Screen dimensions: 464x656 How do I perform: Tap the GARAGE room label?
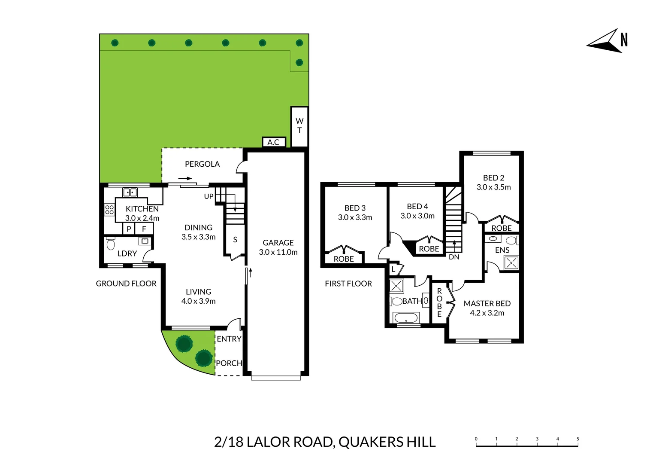pos(278,243)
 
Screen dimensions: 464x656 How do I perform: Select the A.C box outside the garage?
pos(273,142)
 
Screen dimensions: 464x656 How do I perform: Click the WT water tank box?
pos(299,126)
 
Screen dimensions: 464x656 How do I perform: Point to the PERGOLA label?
pos(202,164)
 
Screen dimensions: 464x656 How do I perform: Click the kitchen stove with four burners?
pos(109,210)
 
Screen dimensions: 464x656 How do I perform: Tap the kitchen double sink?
pos(130,192)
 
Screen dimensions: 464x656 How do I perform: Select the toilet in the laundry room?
pos(111,244)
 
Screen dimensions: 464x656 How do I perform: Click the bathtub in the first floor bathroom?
pos(405,318)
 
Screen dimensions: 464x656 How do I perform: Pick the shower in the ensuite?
pos(511,263)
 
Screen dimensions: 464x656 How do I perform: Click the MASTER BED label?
pos(487,303)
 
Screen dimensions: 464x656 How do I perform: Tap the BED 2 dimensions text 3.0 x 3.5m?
pos(493,187)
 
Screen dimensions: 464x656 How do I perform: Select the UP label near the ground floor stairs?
pos(209,196)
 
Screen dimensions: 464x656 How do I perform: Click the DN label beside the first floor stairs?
pos(454,257)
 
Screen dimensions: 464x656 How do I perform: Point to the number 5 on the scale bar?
pos(577,439)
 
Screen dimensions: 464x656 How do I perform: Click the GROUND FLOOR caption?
pos(126,284)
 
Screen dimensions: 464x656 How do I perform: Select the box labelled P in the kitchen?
pos(129,229)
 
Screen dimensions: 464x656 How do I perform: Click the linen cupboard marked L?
pos(393,270)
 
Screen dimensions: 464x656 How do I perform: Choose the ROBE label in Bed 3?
pos(344,259)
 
